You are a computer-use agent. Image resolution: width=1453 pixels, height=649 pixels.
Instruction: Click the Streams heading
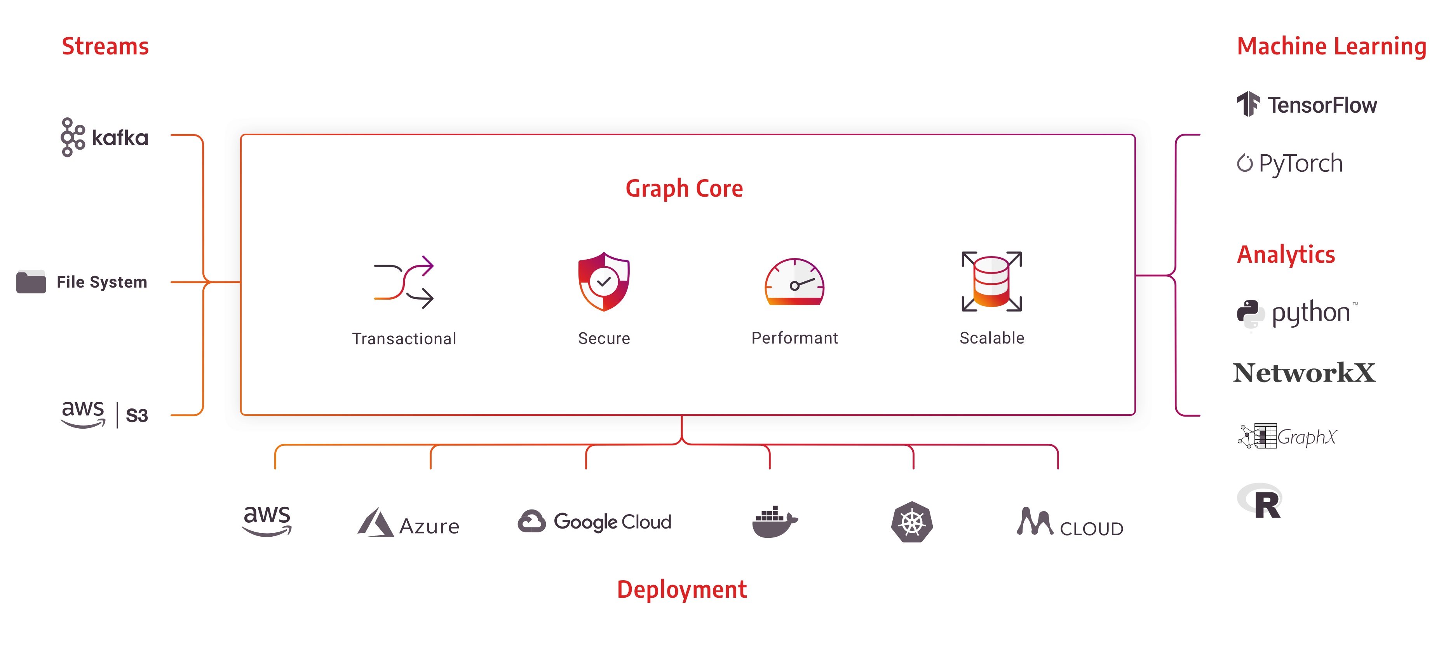pos(105,46)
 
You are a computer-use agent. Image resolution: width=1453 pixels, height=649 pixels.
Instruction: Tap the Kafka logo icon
pos(73,137)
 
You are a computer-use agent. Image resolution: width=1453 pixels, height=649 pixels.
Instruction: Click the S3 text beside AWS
pos(136,415)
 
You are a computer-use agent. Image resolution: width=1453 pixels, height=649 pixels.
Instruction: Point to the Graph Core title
pos(684,188)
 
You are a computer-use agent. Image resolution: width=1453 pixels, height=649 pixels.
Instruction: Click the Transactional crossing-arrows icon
pos(404,282)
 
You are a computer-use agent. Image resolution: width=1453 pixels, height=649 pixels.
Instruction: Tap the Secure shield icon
pos(603,282)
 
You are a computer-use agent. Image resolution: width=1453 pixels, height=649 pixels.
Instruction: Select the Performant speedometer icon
pos(794,282)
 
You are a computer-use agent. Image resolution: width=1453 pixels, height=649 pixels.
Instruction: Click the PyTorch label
pos(1300,164)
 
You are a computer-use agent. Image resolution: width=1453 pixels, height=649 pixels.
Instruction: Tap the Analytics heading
pos(1286,255)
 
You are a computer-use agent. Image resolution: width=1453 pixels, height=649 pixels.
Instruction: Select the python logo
pos(1297,313)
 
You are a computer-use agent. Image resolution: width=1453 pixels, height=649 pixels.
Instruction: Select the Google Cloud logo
pos(594,522)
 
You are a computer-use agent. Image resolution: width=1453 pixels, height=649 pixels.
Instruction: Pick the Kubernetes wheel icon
pos(911,522)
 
